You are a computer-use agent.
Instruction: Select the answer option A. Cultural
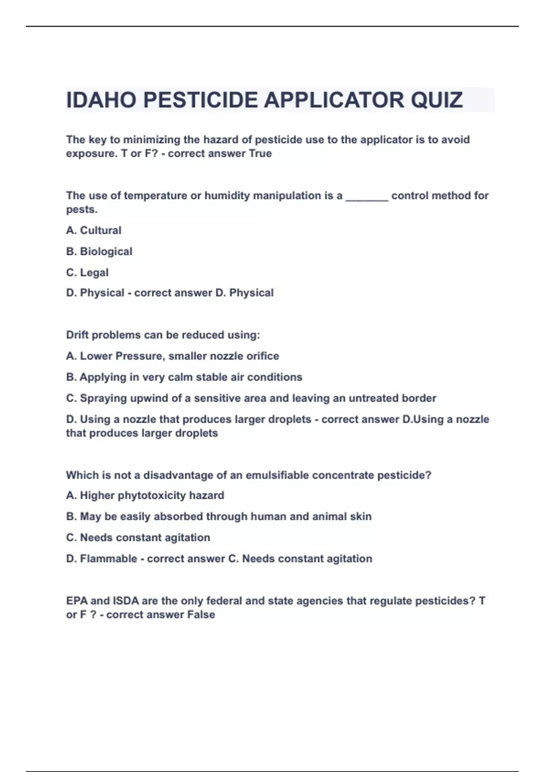click(x=94, y=230)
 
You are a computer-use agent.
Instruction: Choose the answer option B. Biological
click(x=99, y=251)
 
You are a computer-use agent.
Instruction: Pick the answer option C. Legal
click(x=87, y=272)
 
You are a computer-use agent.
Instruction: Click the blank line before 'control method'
click(x=367, y=197)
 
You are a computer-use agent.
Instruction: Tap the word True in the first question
click(x=260, y=153)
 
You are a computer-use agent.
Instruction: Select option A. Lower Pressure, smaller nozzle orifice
click(x=173, y=356)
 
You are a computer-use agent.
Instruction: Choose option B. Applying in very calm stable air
click(x=184, y=377)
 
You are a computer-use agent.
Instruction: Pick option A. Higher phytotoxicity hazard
click(x=145, y=495)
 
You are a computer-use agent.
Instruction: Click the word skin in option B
click(x=362, y=516)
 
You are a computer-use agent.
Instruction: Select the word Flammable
click(x=109, y=559)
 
